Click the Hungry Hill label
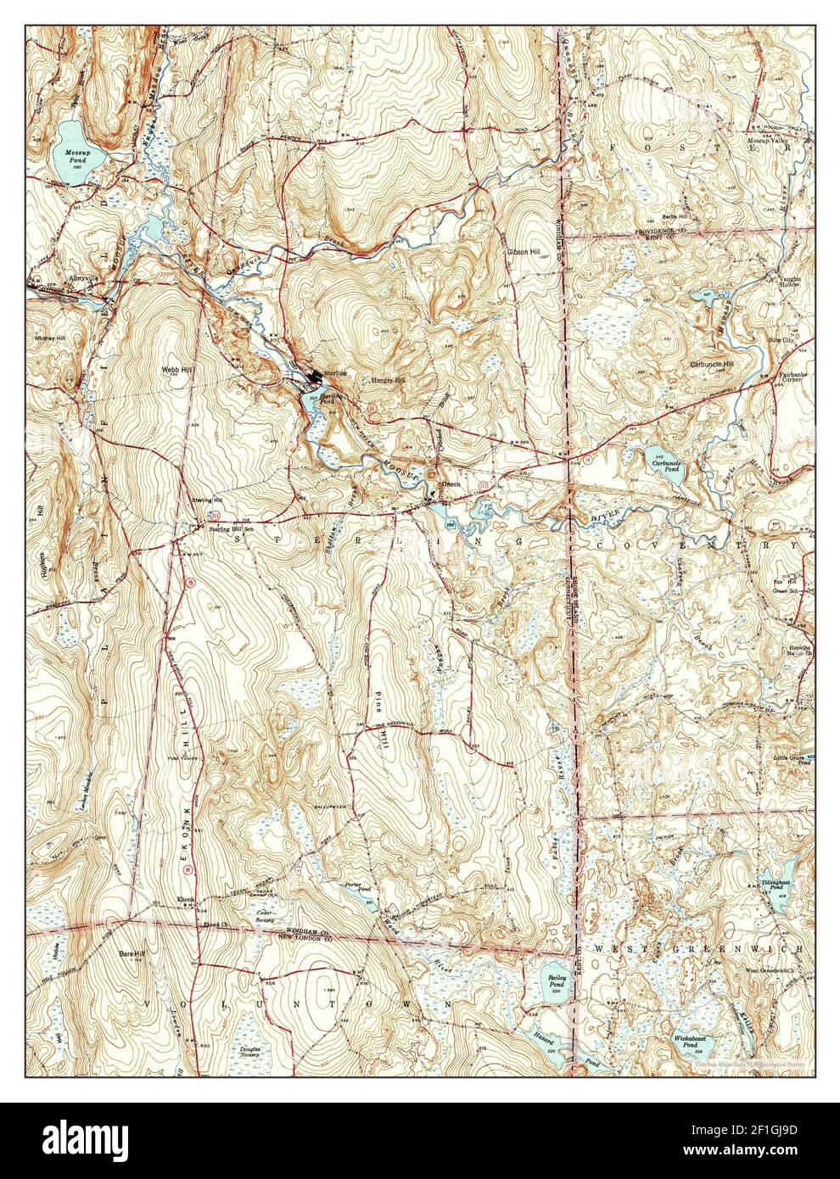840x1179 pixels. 388,381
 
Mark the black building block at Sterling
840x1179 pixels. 316,377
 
